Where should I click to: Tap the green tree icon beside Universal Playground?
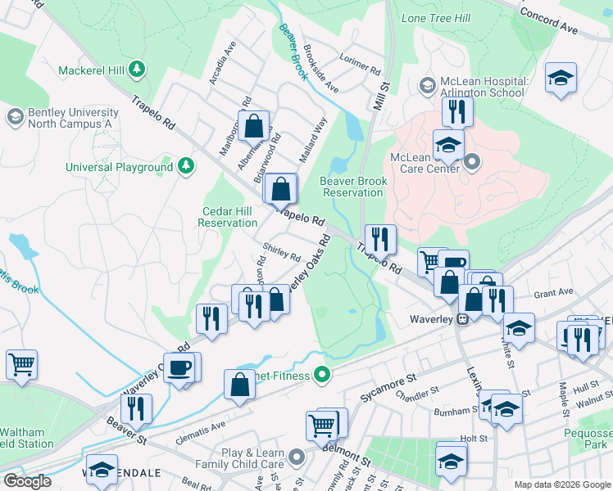(187, 167)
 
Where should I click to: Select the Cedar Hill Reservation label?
(228, 217)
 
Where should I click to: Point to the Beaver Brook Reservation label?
(352, 187)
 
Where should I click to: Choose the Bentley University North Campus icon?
(15, 117)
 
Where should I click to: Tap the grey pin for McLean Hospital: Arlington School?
(427, 85)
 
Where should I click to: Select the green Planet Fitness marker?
(323, 376)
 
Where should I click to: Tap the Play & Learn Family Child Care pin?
(297, 457)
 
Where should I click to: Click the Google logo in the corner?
(26, 480)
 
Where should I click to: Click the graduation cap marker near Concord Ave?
(561, 78)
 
